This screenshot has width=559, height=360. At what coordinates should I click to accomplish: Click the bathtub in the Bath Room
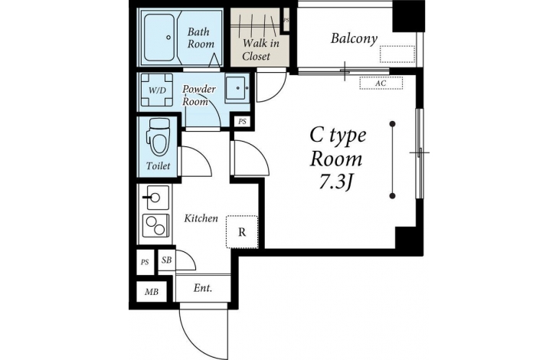pos(160,38)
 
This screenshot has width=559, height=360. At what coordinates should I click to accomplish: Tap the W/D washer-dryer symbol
pos(157,90)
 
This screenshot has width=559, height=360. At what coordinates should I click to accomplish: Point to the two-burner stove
pos(155,225)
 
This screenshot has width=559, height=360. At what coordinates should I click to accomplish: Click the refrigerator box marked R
pos(242,231)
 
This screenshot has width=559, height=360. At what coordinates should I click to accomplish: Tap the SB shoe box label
pos(166,260)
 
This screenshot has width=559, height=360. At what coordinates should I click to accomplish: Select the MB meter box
pos(152,292)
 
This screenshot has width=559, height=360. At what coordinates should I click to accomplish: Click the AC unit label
pos(381,83)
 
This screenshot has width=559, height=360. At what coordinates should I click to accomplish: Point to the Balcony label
pos(354,38)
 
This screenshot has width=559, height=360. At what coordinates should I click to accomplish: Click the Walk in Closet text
pos(260,50)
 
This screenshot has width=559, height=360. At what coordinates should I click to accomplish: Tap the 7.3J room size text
pos(336,182)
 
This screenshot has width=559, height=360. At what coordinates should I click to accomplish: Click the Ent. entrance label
pos(203,288)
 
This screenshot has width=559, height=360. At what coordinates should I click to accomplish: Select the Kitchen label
pos(201,218)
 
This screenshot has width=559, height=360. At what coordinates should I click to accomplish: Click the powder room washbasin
pos(237,88)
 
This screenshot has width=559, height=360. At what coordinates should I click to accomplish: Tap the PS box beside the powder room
pos(243,122)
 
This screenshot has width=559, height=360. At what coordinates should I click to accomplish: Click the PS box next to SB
pos(145,262)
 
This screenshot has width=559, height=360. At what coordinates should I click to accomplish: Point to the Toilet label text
pos(159,165)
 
